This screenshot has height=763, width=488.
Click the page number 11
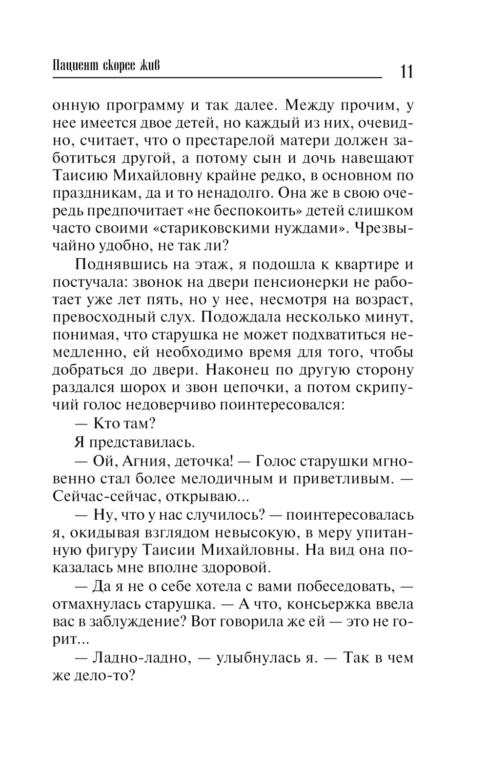coord(406,71)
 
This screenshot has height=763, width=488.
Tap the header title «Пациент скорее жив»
coord(106,66)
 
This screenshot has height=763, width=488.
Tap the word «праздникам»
coord(96,193)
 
